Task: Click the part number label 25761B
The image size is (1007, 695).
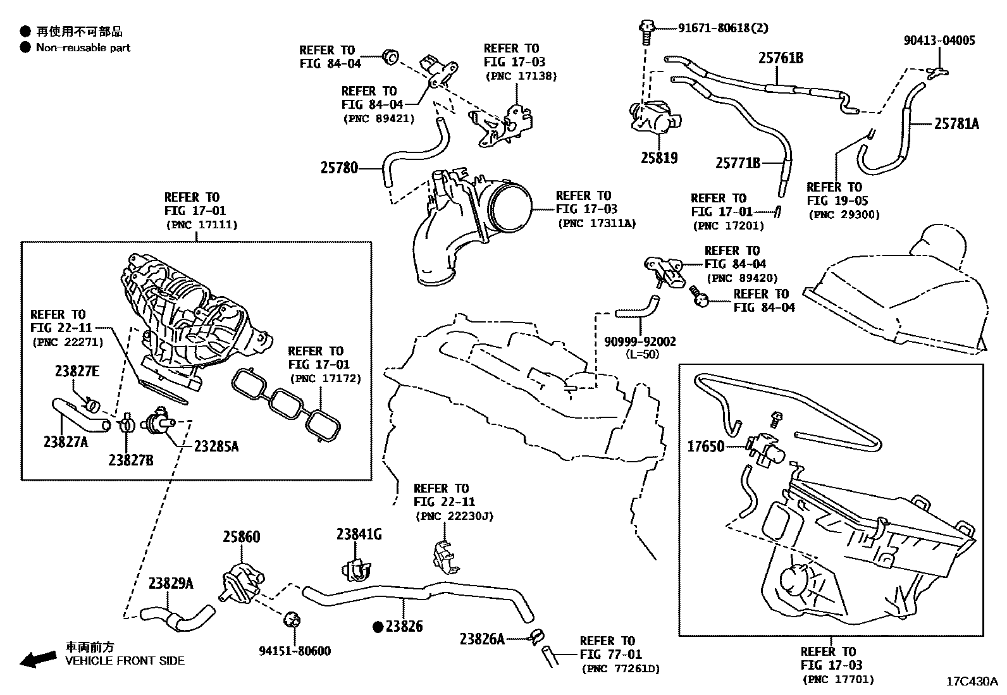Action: (x=781, y=58)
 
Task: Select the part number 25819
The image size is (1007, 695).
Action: (x=659, y=158)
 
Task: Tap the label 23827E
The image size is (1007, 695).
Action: (x=77, y=371)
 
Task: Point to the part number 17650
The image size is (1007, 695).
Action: (x=706, y=446)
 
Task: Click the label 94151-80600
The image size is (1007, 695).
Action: (x=295, y=651)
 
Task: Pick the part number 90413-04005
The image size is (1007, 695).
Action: (x=939, y=40)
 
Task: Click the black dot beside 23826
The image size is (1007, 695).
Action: (x=378, y=626)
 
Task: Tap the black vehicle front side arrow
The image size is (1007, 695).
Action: (x=38, y=659)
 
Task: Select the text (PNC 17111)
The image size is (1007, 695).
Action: (x=202, y=224)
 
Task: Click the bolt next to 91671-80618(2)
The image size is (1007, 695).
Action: (x=646, y=32)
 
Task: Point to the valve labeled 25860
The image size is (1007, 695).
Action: (x=242, y=582)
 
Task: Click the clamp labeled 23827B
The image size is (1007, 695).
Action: (x=127, y=424)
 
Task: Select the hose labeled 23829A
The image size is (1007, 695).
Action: (x=178, y=617)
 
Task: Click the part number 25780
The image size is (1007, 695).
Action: (x=339, y=168)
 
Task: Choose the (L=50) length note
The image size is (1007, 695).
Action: (x=643, y=354)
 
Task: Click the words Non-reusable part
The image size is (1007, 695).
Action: (x=83, y=47)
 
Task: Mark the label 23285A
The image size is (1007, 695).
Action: (x=216, y=446)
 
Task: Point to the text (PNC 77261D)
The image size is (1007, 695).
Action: (x=621, y=669)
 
